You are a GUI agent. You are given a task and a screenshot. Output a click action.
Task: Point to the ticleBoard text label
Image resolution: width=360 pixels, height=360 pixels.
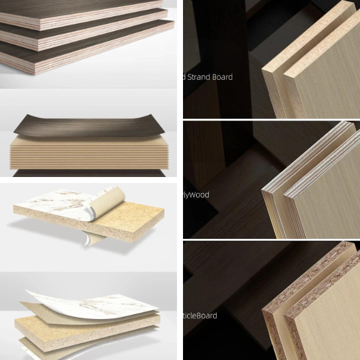click(200, 316)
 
